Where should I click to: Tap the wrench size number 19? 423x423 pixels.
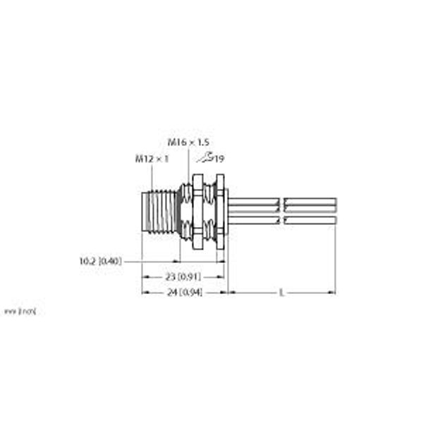[x=219, y=159]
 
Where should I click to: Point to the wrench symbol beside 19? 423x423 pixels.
[x=205, y=159]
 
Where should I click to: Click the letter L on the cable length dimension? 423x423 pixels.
[x=282, y=292]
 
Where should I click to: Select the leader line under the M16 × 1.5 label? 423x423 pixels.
[x=189, y=164]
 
